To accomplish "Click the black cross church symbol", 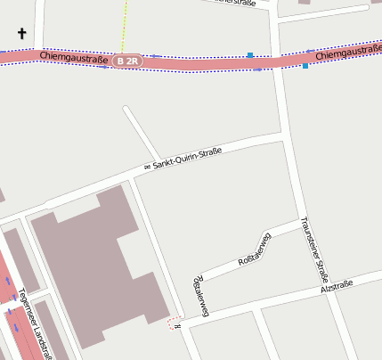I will tap(22, 35).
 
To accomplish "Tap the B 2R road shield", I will tap(128, 61).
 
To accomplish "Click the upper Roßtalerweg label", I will tap(255, 250).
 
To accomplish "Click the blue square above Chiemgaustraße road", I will tap(250, 55).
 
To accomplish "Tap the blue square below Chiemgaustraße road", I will tap(305, 66).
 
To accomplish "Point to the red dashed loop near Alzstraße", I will tap(174, 323).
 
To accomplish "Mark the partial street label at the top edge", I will tap(236, 4).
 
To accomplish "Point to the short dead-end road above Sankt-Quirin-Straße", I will tap(141, 133).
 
